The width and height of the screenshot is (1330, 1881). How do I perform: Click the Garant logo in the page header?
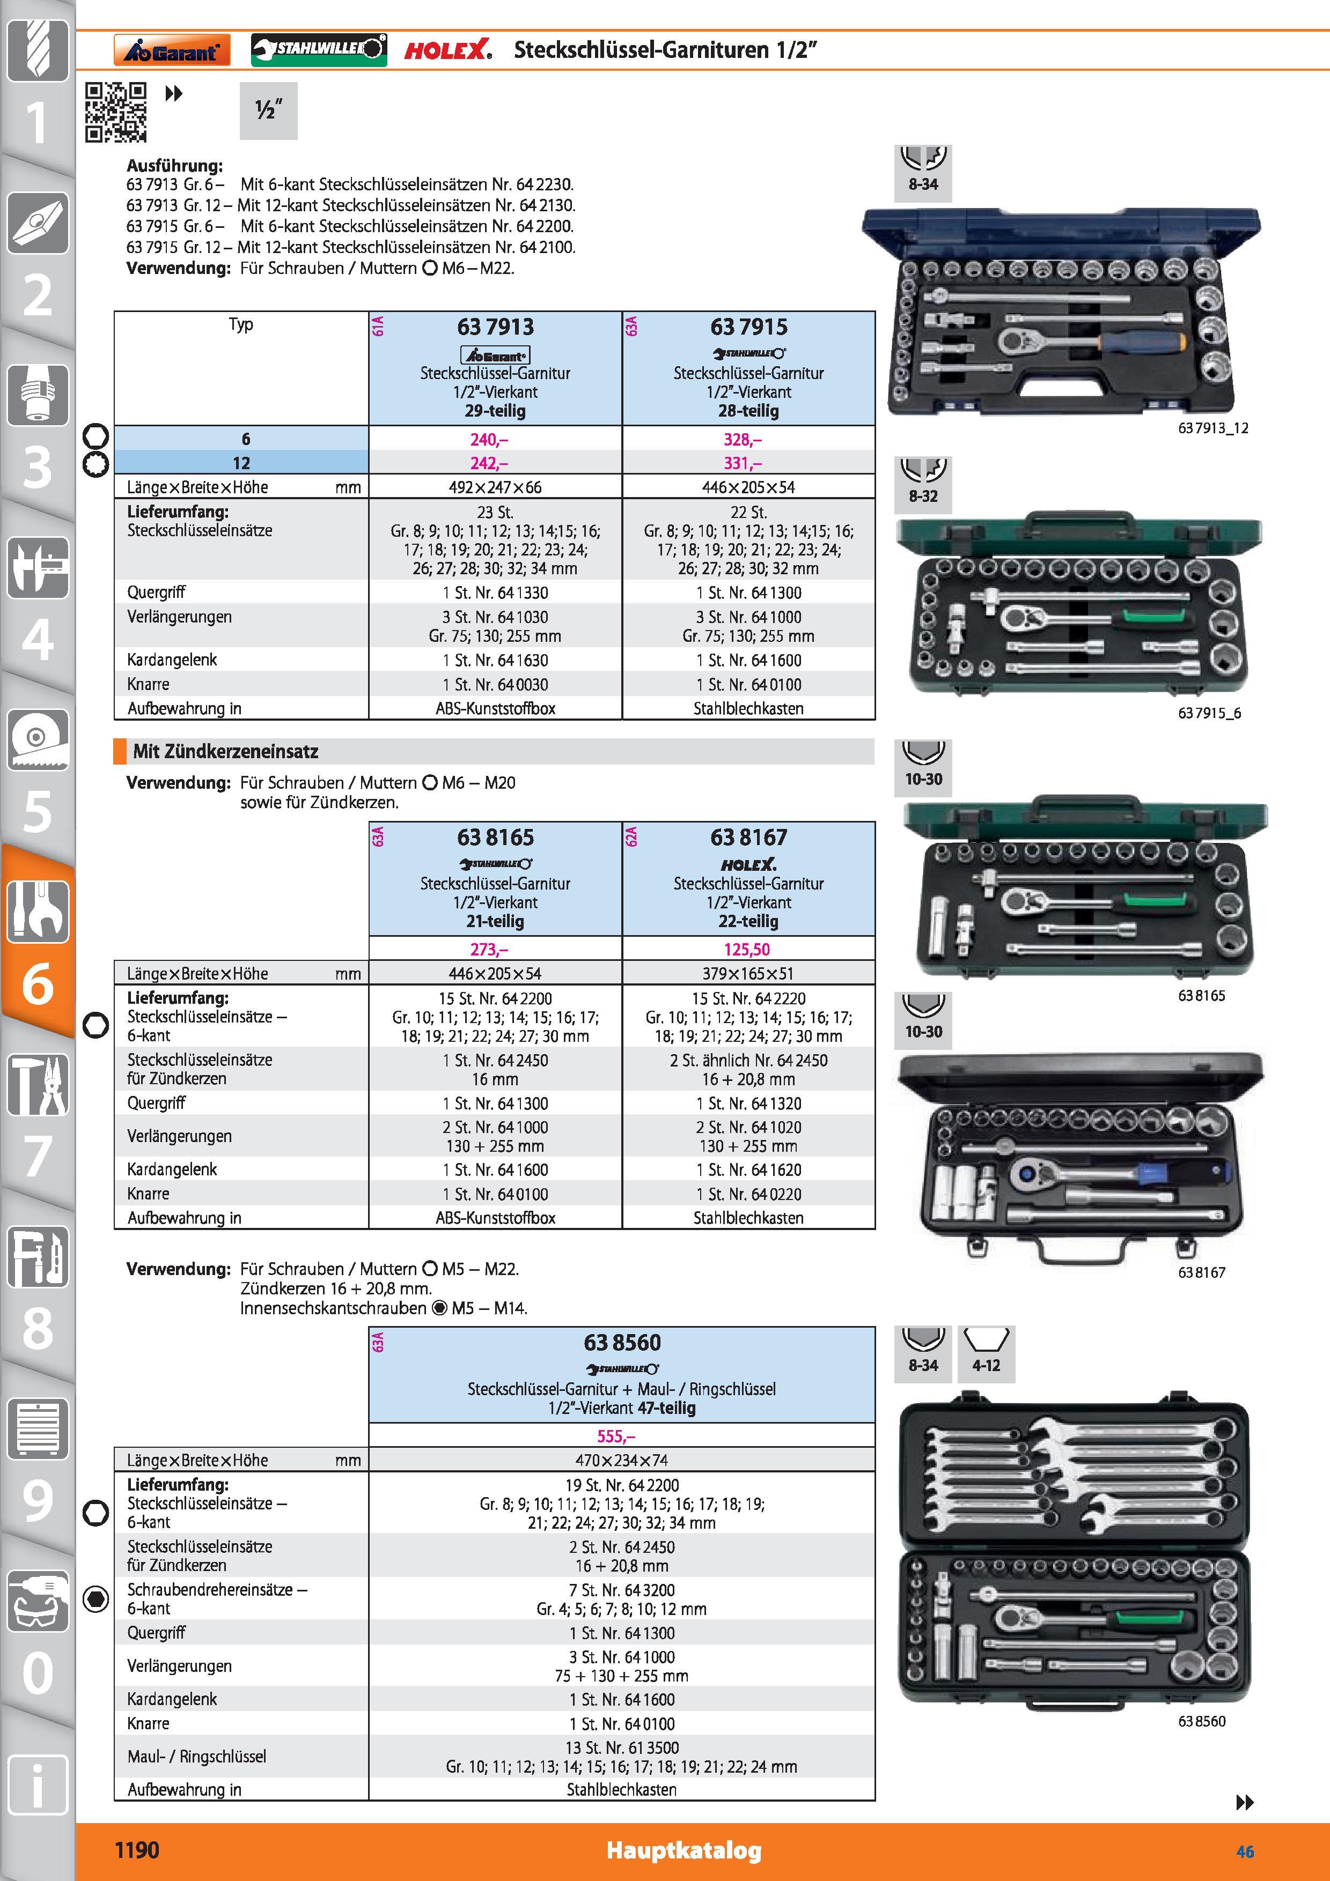pyautogui.click(x=172, y=50)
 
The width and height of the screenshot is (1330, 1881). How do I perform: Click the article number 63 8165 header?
pyautogui.click(x=495, y=837)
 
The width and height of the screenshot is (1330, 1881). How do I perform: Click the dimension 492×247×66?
pyautogui.click(x=495, y=487)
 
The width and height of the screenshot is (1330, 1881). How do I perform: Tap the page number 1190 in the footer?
pyautogui.click(x=137, y=1850)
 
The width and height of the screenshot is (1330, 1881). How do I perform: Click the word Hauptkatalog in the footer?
pyautogui.click(x=684, y=1850)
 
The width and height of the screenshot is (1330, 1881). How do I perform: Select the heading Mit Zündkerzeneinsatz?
pyautogui.click(x=225, y=751)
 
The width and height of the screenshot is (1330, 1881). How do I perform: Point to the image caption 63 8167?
pyautogui.click(x=1201, y=1272)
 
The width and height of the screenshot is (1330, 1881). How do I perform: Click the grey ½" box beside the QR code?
pyautogui.click(x=269, y=110)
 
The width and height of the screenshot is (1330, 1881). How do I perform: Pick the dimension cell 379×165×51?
pyautogui.click(x=748, y=973)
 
